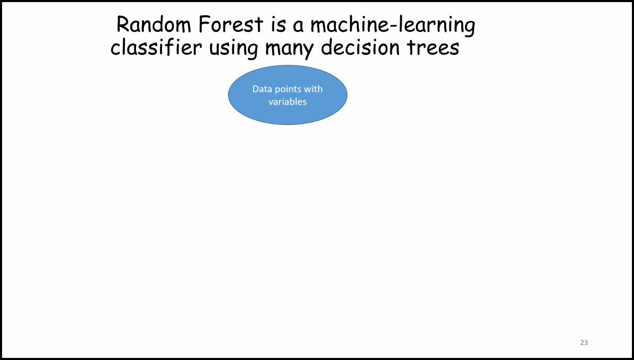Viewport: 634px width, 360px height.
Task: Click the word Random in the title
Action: (154, 25)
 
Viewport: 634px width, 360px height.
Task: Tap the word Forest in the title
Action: (231, 25)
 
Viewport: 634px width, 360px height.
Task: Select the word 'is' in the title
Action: (278, 25)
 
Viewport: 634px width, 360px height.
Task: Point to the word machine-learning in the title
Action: (393, 26)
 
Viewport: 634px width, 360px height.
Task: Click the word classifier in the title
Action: (156, 47)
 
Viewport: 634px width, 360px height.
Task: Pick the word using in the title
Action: (233, 48)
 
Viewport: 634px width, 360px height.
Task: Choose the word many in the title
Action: (289, 49)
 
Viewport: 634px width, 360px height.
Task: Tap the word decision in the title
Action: (360, 47)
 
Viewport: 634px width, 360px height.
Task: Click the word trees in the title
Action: (433, 47)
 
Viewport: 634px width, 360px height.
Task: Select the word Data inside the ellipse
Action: (263, 89)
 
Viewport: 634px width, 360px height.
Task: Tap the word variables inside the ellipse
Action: (288, 102)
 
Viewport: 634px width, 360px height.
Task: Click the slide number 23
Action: (584, 342)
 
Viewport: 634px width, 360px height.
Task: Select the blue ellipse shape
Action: (288, 95)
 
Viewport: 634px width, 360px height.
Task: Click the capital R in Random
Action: (123, 25)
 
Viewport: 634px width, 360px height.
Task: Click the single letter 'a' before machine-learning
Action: (298, 26)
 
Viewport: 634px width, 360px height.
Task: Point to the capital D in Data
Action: (256, 89)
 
